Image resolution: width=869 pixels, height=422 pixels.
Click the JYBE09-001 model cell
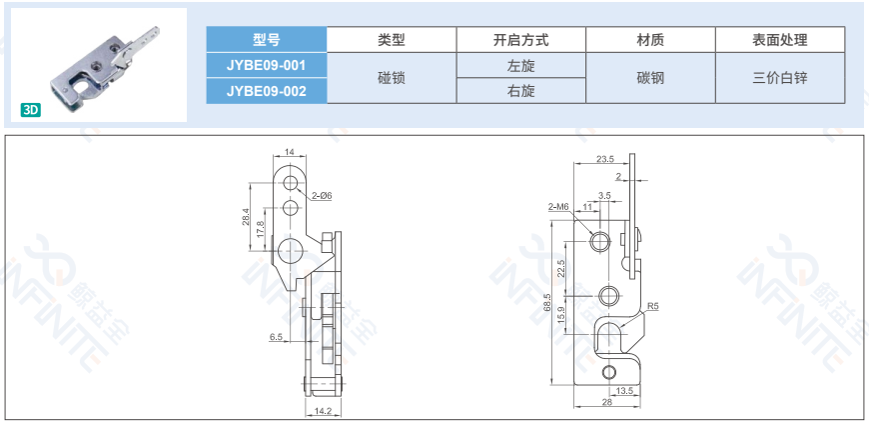pos(266,65)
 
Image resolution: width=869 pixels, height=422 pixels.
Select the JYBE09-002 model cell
pos(266,91)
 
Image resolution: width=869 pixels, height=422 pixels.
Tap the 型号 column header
pos(266,40)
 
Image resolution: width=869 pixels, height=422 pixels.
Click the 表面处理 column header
pos(779,40)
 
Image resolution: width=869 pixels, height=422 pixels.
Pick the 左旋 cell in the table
pos(520,65)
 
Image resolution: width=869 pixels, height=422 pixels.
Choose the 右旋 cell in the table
pos(520,91)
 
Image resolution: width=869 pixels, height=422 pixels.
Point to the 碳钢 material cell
pos(650,78)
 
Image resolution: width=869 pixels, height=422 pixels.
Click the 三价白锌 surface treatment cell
pos(779,78)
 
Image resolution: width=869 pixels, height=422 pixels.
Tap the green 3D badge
pos(31,110)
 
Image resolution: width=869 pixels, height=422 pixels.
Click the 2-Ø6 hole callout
pos(322,195)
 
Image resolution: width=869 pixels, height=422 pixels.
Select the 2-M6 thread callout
pos(557,206)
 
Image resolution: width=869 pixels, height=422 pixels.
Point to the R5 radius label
pos(652,307)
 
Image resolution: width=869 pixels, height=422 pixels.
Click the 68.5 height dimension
pos(548,302)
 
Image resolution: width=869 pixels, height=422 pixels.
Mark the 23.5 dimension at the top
pos(604,159)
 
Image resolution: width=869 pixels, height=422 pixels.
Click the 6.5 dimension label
pos(276,337)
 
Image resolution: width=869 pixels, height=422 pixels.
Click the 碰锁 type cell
pos(392,78)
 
